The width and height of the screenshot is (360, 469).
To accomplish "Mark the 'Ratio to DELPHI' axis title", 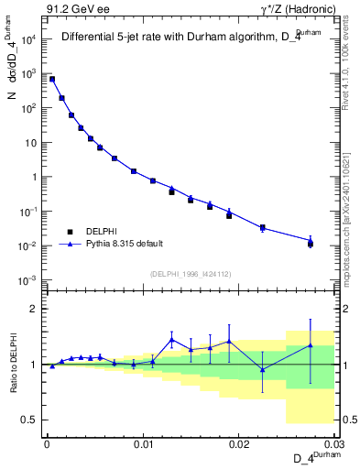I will tap(12, 364).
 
